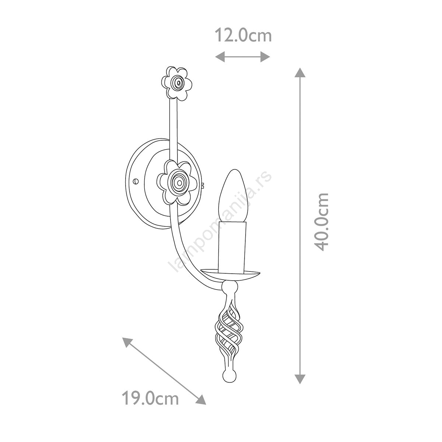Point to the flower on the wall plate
(x=177, y=183)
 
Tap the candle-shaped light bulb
(x=232, y=196)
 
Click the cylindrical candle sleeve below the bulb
(x=232, y=247)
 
